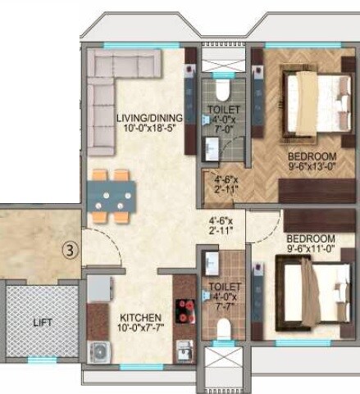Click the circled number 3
71,251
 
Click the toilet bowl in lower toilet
223,328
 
